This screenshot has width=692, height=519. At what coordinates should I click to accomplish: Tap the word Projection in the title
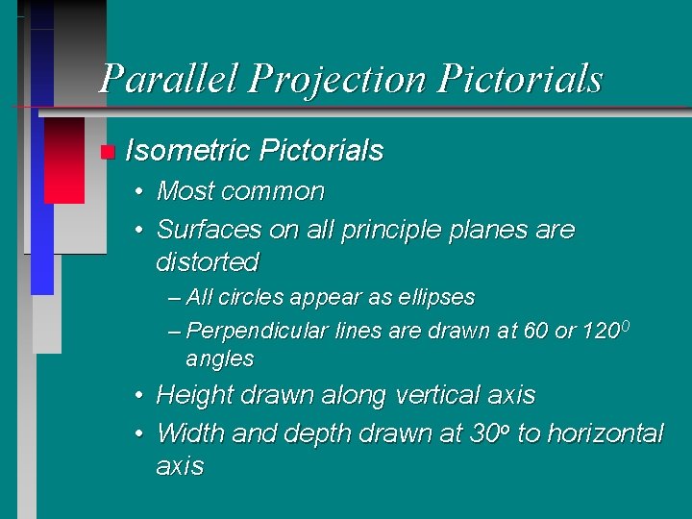(x=335, y=79)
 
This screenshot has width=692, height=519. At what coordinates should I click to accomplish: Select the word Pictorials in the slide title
(x=520, y=79)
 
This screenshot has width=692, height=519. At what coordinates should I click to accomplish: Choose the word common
(x=273, y=191)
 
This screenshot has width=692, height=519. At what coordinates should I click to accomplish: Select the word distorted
(x=208, y=261)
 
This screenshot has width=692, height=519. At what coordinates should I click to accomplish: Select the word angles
(x=220, y=359)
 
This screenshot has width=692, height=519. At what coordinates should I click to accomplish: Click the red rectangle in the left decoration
(x=64, y=160)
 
